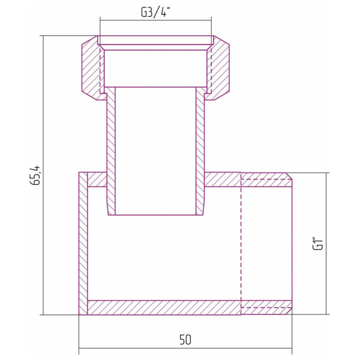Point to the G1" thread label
[319, 244]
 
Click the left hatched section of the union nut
[92, 69]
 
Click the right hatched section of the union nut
[219, 69]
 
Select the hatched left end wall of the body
[83, 243]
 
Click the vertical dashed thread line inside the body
[241, 243]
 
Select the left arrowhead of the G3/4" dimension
[103, 20]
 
